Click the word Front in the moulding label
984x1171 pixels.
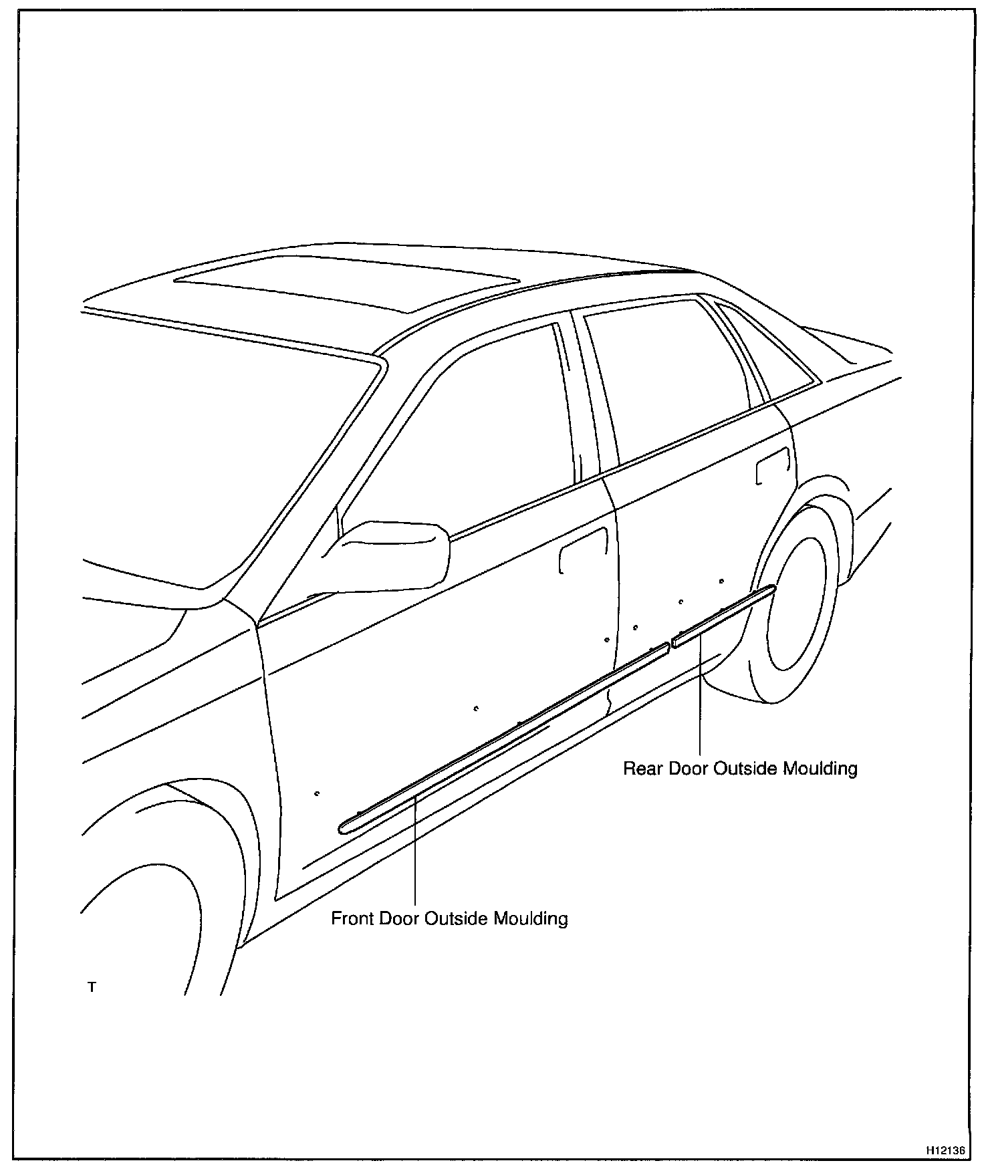(x=352, y=918)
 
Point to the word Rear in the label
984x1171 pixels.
(x=643, y=769)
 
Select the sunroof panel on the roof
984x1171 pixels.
(x=348, y=281)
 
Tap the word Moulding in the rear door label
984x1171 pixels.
(x=820, y=769)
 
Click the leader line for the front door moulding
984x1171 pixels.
(x=415, y=849)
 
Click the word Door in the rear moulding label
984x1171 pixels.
(x=689, y=769)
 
